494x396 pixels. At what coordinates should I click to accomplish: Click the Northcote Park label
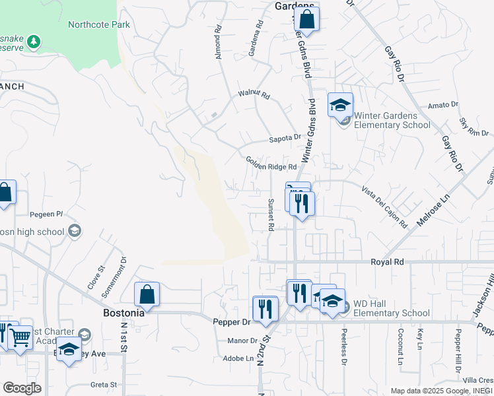point(99,25)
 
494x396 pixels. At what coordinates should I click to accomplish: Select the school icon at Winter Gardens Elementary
point(340,106)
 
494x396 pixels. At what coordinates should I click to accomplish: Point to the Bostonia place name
point(123,313)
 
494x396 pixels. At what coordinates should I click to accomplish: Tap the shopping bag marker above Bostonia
point(147,294)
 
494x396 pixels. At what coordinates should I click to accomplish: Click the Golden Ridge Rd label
point(271,163)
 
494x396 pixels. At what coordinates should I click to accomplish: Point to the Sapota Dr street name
point(285,139)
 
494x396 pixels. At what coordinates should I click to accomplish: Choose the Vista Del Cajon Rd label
point(384,207)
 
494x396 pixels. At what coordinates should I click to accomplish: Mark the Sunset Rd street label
point(271,214)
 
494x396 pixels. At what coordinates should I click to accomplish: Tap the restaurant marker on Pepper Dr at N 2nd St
point(265,309)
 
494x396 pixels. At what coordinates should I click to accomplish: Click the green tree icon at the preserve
point(33,42)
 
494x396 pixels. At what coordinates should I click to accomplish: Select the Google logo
point(22,388)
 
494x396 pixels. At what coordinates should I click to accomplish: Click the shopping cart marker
point(20,337)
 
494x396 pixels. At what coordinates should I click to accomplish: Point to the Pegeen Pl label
point(46,214)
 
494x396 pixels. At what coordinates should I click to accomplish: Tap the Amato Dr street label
point(442,105)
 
